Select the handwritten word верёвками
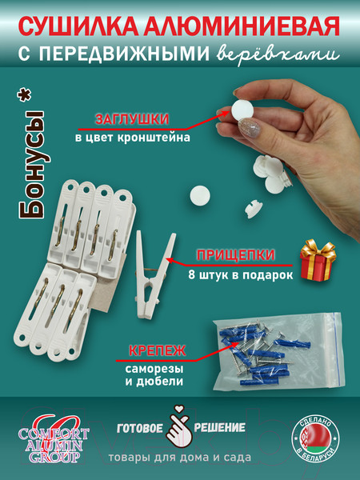(x=278, y=54)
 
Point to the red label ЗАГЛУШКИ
(x=132, y=119)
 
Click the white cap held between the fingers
(x=243, y=110)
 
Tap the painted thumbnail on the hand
(x=249, y=128)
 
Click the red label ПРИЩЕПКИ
(x=235, y=254)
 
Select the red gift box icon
(x=318, y=260)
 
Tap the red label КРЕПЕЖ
(x=157, y=350)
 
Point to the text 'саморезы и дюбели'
(x=154, y=375)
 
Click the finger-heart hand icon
(x=178, y=426)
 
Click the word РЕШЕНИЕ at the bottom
(x=219, y=428)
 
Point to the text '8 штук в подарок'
(x=240, y=274)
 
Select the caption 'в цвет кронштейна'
(x=133, y=137)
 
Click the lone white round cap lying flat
(x=200, y=195)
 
